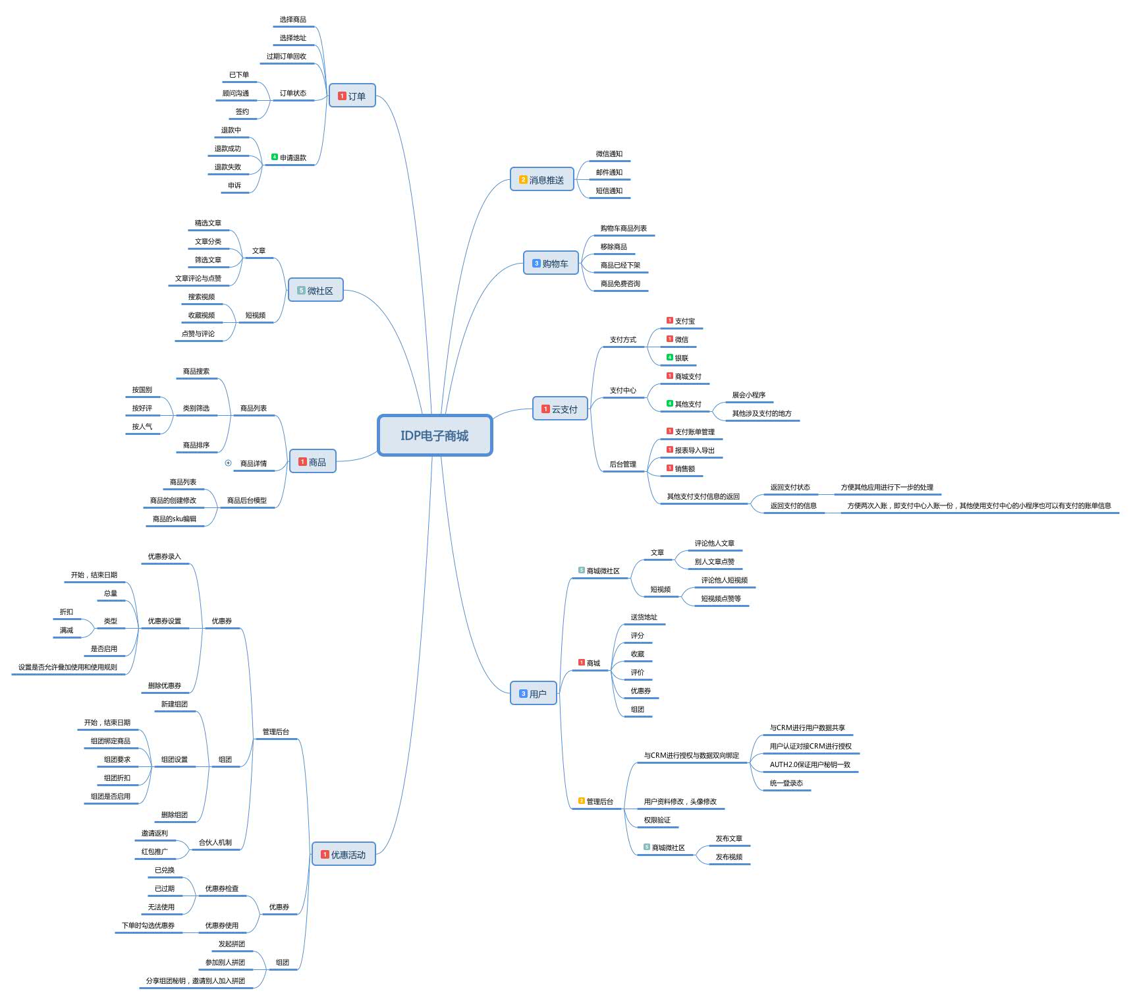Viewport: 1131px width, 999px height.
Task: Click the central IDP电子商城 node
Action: pos(435,436)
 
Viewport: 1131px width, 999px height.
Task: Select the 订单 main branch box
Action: pos(352,96)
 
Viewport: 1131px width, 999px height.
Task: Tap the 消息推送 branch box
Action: pos(542,180)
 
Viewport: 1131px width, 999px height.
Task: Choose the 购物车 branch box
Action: pos(551,264)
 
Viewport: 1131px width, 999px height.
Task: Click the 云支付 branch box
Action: pos(560,409)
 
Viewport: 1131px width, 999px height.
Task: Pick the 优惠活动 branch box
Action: pos(343,855)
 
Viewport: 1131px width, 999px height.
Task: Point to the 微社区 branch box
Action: pos(316,291)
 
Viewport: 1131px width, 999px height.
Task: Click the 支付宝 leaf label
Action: pos(684,322)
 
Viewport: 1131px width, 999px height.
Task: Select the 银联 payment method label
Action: pos(681,358)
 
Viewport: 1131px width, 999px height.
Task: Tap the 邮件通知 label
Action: pos(609,173)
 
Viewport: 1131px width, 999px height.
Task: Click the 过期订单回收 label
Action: pos(286,57)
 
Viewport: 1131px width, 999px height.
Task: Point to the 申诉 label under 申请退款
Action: pos(234,186)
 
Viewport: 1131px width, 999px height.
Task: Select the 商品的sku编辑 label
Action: pos(175,519)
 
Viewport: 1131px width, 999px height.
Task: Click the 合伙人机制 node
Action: pos(215,843)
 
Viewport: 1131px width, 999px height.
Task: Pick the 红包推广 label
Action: pos(154,852)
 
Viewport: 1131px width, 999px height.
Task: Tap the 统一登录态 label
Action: pos(786,784)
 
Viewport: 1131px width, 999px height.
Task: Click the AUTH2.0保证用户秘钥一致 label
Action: pos(810,765)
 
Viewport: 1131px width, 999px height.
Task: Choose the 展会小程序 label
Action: pos(748,395)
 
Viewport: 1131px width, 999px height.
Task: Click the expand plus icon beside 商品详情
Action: pos(229,463)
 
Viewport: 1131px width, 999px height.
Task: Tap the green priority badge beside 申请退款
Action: pos(275,157)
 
